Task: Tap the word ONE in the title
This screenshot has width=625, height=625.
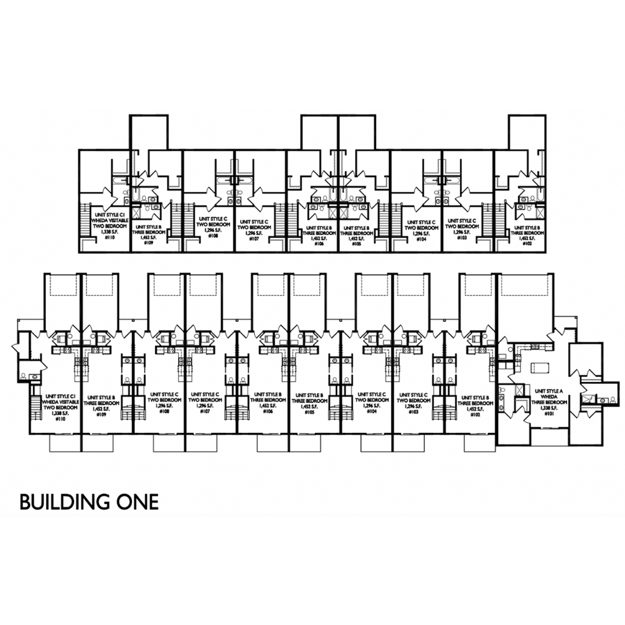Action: (x=135, y=502)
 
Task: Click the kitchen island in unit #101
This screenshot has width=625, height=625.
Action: (x=539, y=367)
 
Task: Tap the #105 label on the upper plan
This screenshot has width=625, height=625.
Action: (x=356, y=243)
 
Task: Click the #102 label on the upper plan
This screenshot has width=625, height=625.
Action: (x=527, y=243)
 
